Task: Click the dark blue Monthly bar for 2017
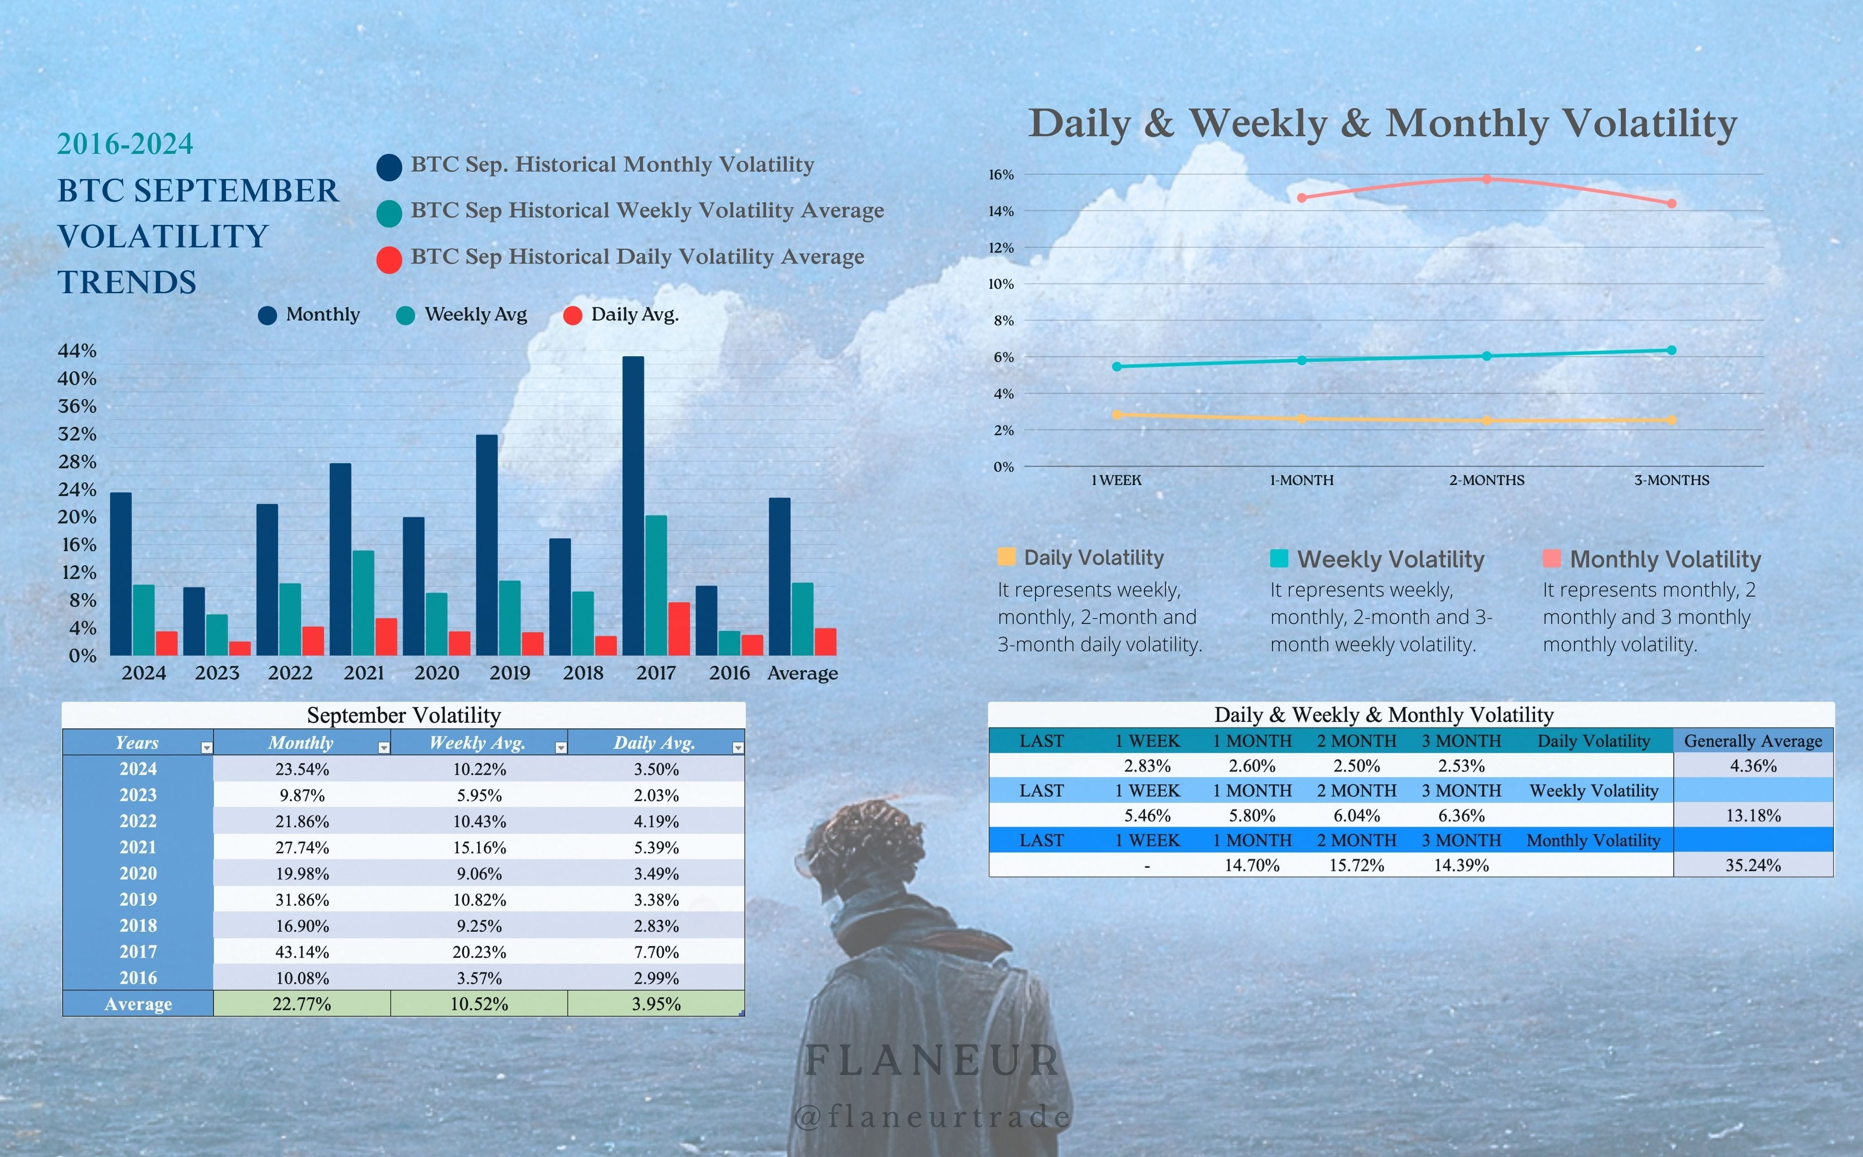(x=633, y=505)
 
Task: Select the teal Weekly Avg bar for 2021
(x=363, y=603)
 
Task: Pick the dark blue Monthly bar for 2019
(x=487, y=545)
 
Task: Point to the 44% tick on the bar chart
(x=77, y=351)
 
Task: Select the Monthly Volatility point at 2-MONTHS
(x=1486, y=179)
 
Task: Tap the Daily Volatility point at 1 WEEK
(x=1117, y=415)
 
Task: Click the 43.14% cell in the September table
(x=302, y=952)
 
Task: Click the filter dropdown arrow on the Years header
(x=206, y=748)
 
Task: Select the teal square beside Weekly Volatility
(x=1278, y=559)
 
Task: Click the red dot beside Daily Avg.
(x=572, y=315)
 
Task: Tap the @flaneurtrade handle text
(x=932, y=1117)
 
